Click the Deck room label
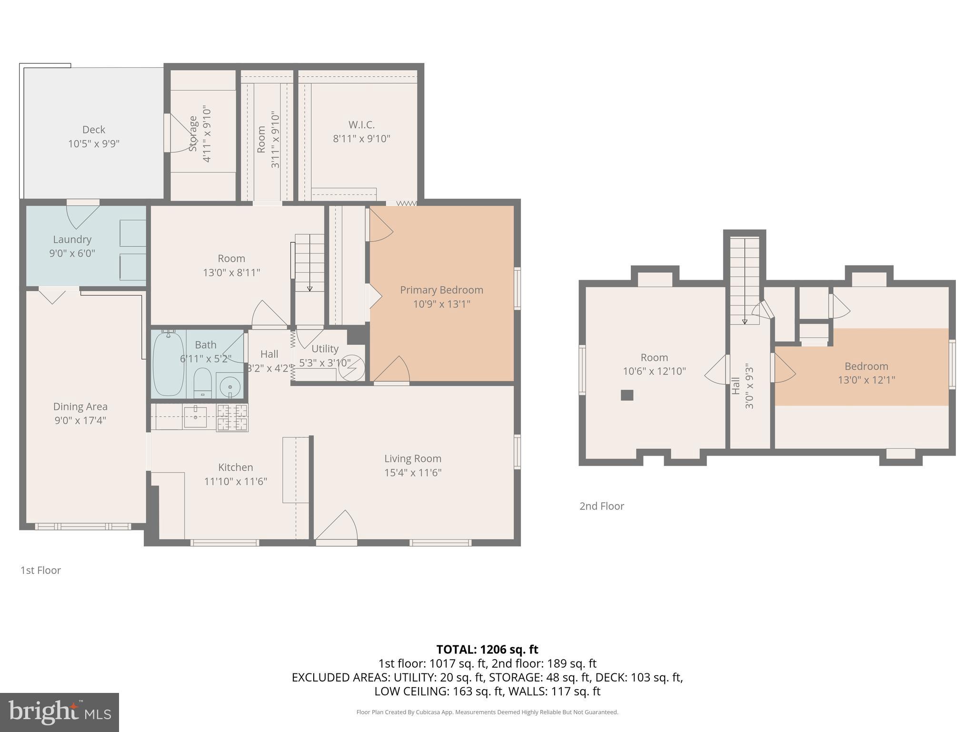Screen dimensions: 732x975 click(94, 130)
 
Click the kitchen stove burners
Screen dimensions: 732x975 click(232, 417)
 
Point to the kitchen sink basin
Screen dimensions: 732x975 click(195, 417)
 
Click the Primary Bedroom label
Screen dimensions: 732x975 click(441, 290)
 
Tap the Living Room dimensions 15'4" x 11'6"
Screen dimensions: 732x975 click(413, 473)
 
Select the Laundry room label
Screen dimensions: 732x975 click(72, 239)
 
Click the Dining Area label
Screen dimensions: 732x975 click(80, 407)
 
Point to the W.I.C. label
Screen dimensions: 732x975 click(361, 125)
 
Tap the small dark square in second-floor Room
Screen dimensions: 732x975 click(627, 395)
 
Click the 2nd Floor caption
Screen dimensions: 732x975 click(601, 506)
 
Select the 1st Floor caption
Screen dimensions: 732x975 click(40, 570)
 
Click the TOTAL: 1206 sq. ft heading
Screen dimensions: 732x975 click(487, 650)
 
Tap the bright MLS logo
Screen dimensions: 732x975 click(60, 712)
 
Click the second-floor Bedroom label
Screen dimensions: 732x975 click(866, 366)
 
